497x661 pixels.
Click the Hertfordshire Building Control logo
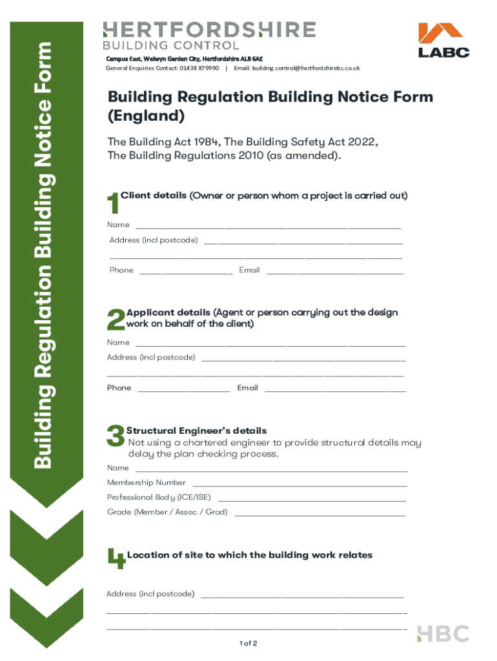click(x=209, y=36)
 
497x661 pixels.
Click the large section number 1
click(x=112, y=204)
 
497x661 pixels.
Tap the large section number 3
click(x=116, y=436)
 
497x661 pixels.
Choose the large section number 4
click(x=116, y=559)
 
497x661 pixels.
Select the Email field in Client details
click(x=334, y=270)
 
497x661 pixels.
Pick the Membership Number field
click(x=299, y=483)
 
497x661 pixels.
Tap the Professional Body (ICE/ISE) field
click(x=312, y=498)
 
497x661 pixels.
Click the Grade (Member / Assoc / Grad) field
click(x=320, y=513)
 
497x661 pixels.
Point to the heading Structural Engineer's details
click(x=196, y=431)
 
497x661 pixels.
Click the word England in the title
click(x=147, y=117)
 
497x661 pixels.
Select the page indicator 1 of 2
click(x=248, y=644)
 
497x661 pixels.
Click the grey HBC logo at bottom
click(x=443, y=634)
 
